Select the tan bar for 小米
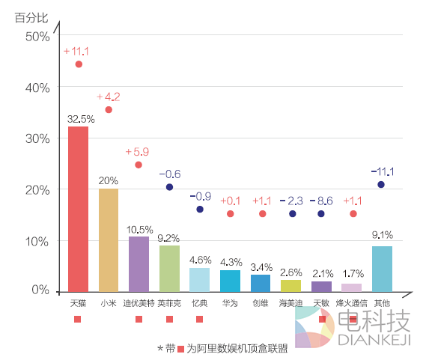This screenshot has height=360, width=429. click(x=109, y=240)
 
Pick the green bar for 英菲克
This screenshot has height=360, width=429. click(x=169, y=267)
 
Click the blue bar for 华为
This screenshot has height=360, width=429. click(x=230, y=280)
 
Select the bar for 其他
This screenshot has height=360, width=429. click(x=382, y=268)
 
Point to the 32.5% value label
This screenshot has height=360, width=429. click(x=80, y=118)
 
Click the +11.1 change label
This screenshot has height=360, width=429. click(x=76, y=52)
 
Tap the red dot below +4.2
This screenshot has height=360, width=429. click(x=109, y=110)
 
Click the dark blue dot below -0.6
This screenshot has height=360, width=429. click(x=169, y=187)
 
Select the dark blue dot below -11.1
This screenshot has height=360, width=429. click(x=381, y=185)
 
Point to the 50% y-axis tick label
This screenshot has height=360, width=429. click(x=37, y=36)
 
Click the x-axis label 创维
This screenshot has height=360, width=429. click(x=260, y=303)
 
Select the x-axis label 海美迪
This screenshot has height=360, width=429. click(x=290, y=303)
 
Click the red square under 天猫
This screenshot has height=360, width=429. click(x=77, y=320)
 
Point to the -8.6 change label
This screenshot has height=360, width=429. click(x=321, y=201)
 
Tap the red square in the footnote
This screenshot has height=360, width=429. click(x=180, y=348)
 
